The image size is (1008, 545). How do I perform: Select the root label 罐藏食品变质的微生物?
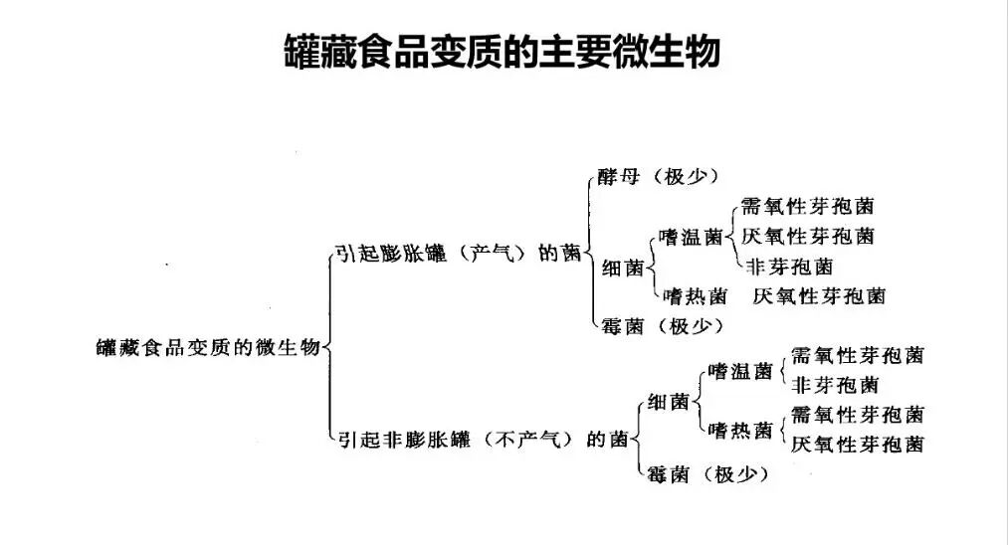[x=208, y=347]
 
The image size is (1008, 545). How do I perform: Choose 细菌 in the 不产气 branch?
[x=668, y=402]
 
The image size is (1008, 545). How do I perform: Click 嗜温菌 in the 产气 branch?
[x=692, y=237]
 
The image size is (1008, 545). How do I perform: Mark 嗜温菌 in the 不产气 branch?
[x=740, y=371]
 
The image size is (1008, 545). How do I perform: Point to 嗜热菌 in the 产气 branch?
[x=692, y=295]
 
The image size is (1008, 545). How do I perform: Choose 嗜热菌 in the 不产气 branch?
[x=740, y=431]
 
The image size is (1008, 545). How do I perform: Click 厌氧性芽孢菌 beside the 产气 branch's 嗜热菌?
[x=819, y=295]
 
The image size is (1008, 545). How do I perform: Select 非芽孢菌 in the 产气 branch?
[x=789, y=266]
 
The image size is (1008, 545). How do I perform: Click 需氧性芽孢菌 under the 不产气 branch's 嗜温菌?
[x=857, y=355]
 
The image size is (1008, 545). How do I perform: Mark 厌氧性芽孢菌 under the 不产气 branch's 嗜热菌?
[x=857, y=444]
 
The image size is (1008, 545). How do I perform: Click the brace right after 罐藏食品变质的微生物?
[x=328, y=347]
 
